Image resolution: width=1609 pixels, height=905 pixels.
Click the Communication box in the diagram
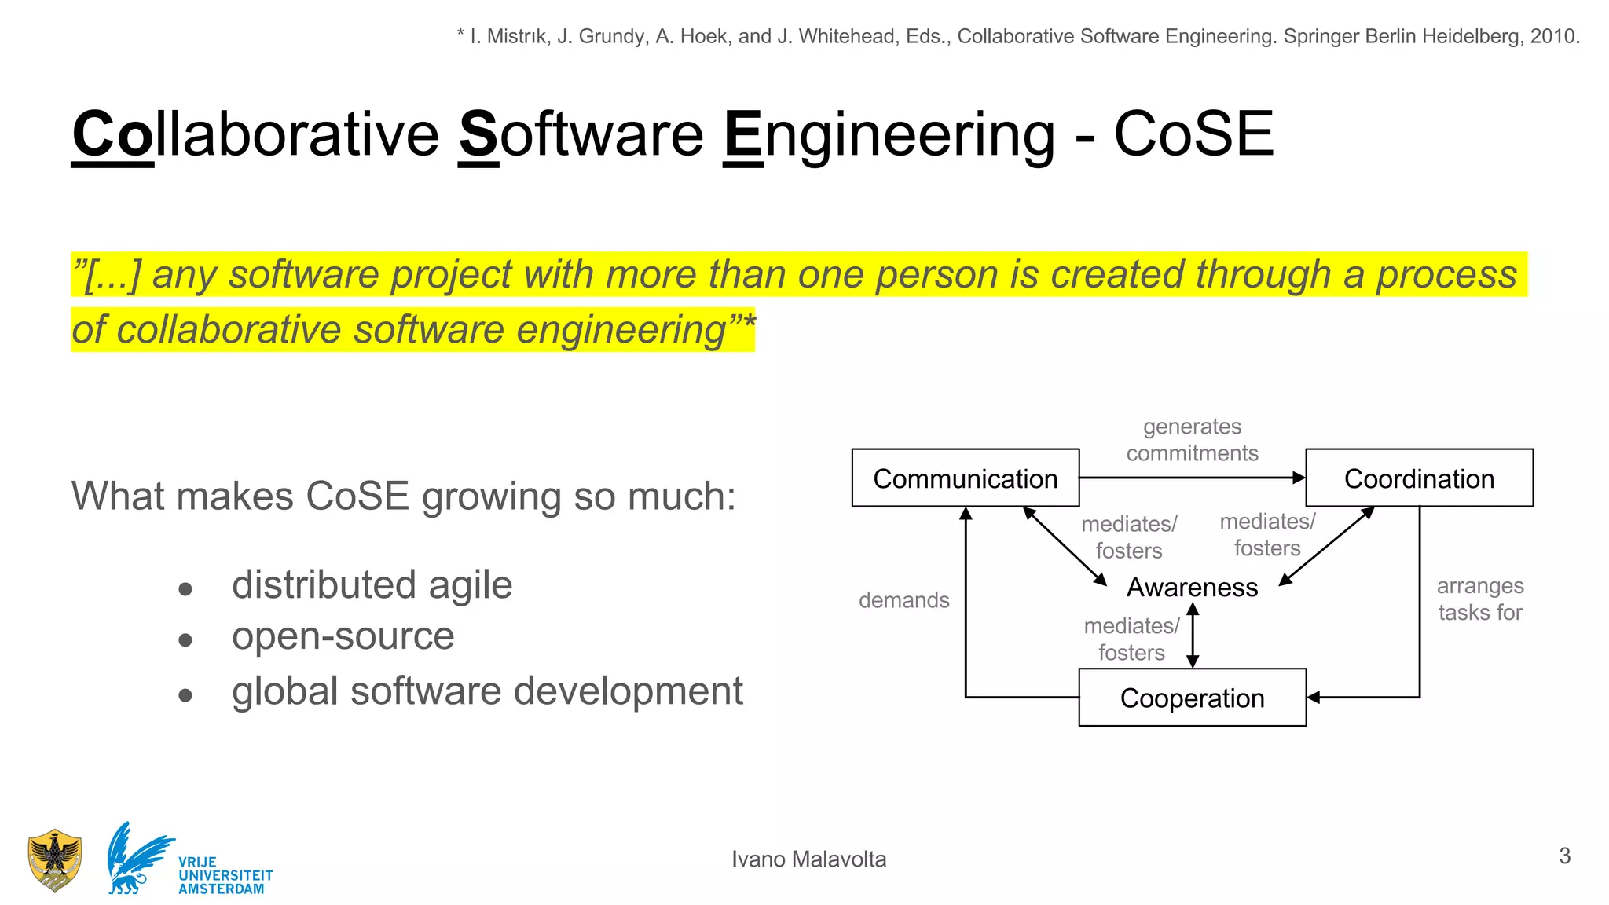pyautogui.click(x=965, y=478)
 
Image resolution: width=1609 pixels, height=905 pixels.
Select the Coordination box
pyautogui.click(x=1419, y=478)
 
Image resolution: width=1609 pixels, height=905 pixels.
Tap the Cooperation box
pyautogui.click(x=1192, y=698)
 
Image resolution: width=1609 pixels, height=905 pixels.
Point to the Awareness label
pyautogui.click(x=1192, y=587)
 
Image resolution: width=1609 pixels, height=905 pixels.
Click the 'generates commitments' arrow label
pyautogui.click(x=1192, y=440)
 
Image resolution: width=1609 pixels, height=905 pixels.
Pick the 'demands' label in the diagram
pyautogui.click(x=903, y=600)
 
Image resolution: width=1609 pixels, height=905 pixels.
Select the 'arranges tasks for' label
pyautogui.click(x=1480, y=599)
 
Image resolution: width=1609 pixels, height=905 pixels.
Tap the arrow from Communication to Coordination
pyautogui.click(x=1191, y=477)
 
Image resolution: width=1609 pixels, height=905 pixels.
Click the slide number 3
pyautogui.click(x=1564, y=856)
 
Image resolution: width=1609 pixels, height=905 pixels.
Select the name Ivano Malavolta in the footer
pyautogui.click(x=808, y=859)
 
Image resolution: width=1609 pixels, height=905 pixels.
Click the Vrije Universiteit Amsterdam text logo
pyautogui.click(x=225, y=875)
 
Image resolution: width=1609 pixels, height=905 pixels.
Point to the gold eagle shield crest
pyautogui.click(x=54, y=860)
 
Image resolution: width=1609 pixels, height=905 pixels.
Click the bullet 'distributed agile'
pyautogui.click(x=372, y=585)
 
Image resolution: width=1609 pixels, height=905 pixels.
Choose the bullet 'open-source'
pyautogui.click(x=343, y=636)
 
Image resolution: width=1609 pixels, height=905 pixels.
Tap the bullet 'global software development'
pyautogui.click(x=487, y=691)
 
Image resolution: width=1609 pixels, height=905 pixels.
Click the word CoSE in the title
pyautogui.click(x=1193, y=134)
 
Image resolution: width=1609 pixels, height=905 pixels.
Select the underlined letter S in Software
pyautogui.click(x=478, y=134)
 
